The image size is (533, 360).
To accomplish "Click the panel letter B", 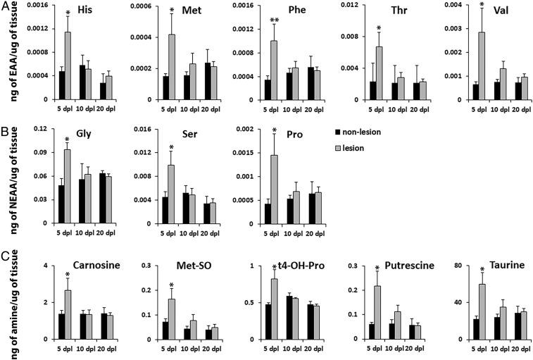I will (x=6, y=131).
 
